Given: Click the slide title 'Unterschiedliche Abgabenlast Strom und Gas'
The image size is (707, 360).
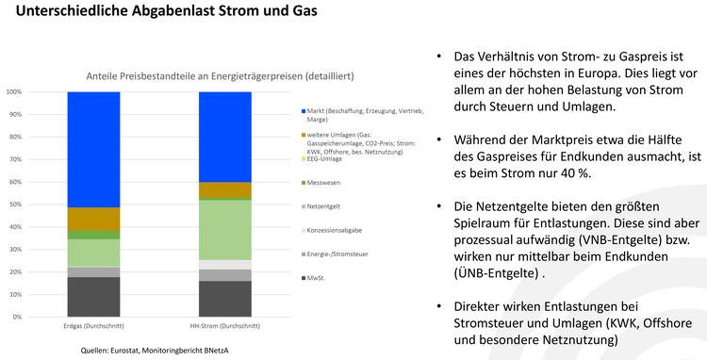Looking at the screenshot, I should tap(160, 14).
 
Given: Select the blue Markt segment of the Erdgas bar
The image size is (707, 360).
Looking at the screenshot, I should tap(93, 149).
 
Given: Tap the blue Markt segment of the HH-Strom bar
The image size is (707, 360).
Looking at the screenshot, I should tap(224, 137).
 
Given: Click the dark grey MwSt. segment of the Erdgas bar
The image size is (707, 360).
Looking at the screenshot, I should tap(93, 296).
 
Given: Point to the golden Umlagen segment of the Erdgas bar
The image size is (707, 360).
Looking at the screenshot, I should tap(93, 219).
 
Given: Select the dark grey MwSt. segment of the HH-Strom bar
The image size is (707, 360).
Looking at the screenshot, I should tap(224, 299).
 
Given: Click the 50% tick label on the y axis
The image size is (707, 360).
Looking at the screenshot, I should tap(15, 205).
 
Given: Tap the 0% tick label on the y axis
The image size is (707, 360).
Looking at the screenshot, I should tap(17, 317).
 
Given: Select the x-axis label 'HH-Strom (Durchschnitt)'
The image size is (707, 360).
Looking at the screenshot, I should tap(224, 326).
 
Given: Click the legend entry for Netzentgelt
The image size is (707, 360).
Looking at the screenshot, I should tap(325, 205).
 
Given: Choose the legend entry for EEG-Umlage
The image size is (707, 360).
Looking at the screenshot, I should tap(324, 159).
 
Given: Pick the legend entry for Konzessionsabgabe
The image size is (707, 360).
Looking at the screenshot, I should tap(332, 229).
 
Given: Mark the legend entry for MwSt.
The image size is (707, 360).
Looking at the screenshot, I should tap(316, 278).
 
